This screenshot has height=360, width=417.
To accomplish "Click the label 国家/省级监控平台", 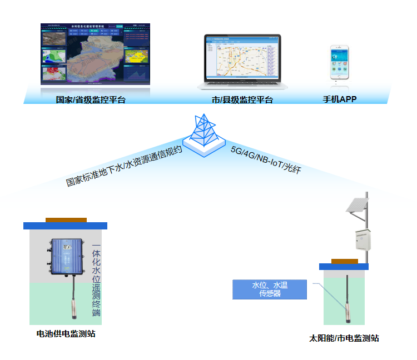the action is tap(91, 101).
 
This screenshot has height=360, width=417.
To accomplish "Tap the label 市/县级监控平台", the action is tap(239, 101).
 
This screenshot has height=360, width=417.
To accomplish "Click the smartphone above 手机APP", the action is tap(340, 64).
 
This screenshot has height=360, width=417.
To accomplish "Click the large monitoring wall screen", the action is tap(96, 54).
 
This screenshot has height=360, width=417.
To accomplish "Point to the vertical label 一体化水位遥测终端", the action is tap(96, 281).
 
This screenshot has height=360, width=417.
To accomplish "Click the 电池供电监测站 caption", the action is tap(66, 334).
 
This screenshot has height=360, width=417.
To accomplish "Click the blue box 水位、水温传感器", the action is tap(269, 289).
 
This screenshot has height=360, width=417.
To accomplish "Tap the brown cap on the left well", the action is tap(66, 220).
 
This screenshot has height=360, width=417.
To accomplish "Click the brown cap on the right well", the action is tap(344, 261).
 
